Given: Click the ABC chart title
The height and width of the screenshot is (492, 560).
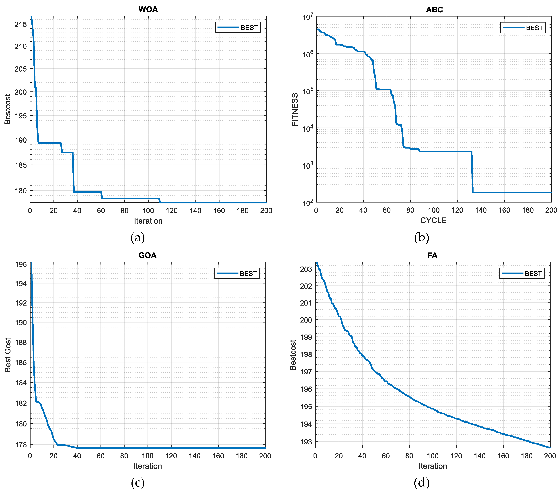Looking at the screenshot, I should tap(434, 10).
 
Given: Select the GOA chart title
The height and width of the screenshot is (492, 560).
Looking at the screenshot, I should tap(147, 255).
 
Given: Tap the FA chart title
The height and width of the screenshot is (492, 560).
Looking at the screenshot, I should tap(432, 255).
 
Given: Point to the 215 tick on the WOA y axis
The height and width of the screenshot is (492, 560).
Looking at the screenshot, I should tap(21, 24).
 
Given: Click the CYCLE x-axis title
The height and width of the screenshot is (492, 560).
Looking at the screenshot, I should tap(433, 220).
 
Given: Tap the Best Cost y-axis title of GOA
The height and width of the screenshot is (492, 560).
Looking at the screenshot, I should tap(8, 355).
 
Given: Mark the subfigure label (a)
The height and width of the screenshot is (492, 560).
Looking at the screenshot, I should tap(137, 237).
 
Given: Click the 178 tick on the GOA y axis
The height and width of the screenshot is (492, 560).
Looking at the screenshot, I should tap(21, 445).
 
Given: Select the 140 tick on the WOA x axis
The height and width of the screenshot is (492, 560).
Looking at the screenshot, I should tap(195, 211).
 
